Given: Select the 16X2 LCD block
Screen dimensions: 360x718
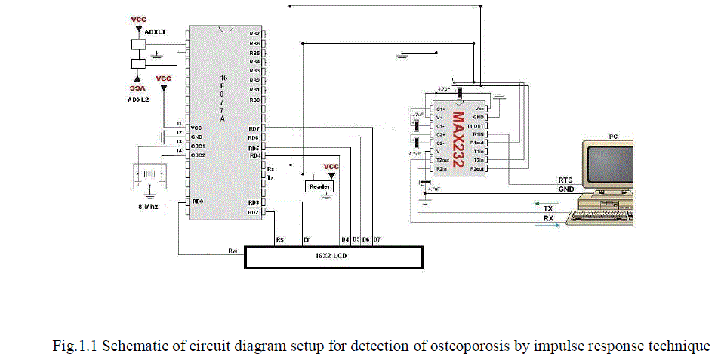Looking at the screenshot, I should (x=333, y=257).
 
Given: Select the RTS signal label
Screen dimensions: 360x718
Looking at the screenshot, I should (x=565, y=180).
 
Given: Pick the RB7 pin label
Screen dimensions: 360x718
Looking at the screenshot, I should (x=254, y=34).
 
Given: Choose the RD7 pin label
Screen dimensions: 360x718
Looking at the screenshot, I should (x=254, y=128).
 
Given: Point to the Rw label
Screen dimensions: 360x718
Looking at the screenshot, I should (x=233, y=250).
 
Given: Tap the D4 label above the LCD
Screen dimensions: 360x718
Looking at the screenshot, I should (x=344, y=240).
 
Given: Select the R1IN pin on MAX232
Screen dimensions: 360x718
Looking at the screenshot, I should (x=477, y=134).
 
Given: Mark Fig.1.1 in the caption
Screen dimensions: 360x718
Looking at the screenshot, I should (x=74, y=347).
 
